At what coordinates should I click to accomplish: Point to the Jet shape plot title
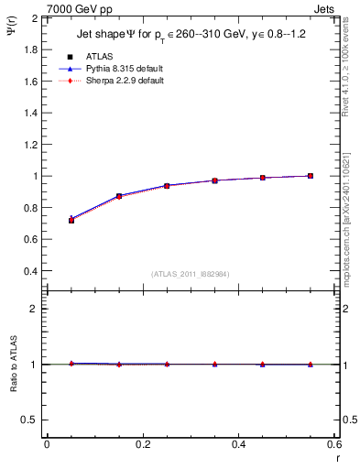(x=182, y=36)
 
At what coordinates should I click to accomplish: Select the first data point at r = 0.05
(x=71, y=220)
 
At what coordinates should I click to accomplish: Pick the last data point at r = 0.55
(x=311, y=176)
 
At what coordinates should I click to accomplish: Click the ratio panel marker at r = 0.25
(x=167, y=364)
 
